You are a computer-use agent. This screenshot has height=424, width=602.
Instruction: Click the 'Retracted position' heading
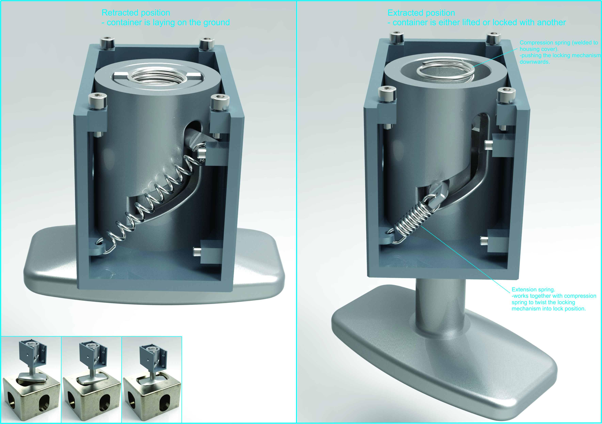(136, 13)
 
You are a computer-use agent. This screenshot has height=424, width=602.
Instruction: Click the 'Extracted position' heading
(421, 13)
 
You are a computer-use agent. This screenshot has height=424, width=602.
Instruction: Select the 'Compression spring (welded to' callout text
(559, 42)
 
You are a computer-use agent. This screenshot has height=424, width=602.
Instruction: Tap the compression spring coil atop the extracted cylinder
(445, 70)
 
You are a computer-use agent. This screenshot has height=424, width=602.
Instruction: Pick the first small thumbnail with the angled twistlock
(31, 379)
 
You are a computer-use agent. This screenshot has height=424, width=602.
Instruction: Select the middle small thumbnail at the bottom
(91, 379)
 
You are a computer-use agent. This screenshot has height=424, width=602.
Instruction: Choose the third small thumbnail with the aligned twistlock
(152, 379)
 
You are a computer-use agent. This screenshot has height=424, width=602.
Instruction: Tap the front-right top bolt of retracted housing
(220, 103)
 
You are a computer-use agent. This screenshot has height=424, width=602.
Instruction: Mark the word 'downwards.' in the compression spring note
(535, 62)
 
